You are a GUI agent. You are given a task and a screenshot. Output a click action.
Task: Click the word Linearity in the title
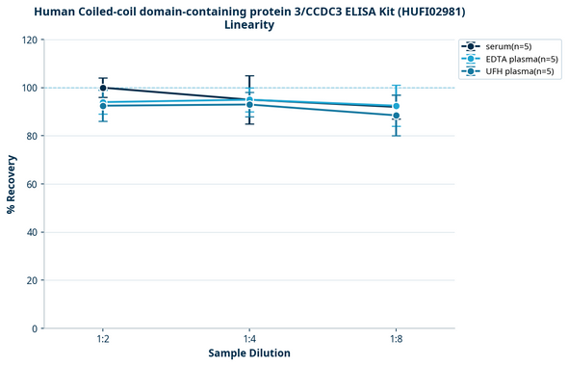(x=249, y=25)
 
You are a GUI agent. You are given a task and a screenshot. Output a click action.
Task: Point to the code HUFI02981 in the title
(x=426, y=11)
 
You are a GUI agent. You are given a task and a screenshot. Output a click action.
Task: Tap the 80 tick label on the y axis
(x=32, y=137)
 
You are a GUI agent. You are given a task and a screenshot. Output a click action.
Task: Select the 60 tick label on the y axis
(x=32, y=184)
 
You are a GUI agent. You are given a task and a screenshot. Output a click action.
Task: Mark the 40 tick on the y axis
(x=32, y=232)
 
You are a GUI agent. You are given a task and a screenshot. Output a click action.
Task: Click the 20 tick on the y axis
(x=32, y=280)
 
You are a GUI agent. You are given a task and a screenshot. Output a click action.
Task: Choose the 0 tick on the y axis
(x=35, y=328)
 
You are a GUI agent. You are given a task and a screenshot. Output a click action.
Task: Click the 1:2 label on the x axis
(x=102, y=340)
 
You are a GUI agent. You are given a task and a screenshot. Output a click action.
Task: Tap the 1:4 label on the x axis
(x=249, y=340)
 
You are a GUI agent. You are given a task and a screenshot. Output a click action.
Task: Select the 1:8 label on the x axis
(x=396, y=340)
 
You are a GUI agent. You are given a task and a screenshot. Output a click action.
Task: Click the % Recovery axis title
(x=12, y=183)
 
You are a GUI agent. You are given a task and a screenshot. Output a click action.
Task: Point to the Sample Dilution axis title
(x=249, y=353)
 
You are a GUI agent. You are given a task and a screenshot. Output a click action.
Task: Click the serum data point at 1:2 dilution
(x=103, y=88)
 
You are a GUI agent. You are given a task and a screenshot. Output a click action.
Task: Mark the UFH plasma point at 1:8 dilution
(x=396, y=116)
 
